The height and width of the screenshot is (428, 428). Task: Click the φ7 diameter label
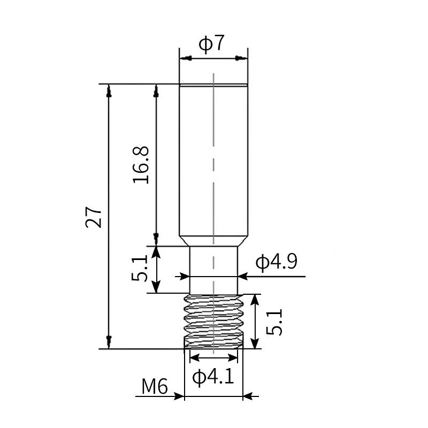pos(212,43)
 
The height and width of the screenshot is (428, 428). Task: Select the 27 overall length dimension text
pos(93,217)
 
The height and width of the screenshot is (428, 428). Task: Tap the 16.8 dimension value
pos(141,165)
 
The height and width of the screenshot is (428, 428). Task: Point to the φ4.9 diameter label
pos(276,262)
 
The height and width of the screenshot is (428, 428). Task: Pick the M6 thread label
pos(155,386)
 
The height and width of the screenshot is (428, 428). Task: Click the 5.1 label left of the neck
pos(140,268)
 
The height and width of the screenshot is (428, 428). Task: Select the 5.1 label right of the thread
pos(274,322)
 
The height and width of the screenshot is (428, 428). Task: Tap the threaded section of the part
pos(213,322)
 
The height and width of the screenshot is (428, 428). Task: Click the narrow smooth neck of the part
pos(213,270)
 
